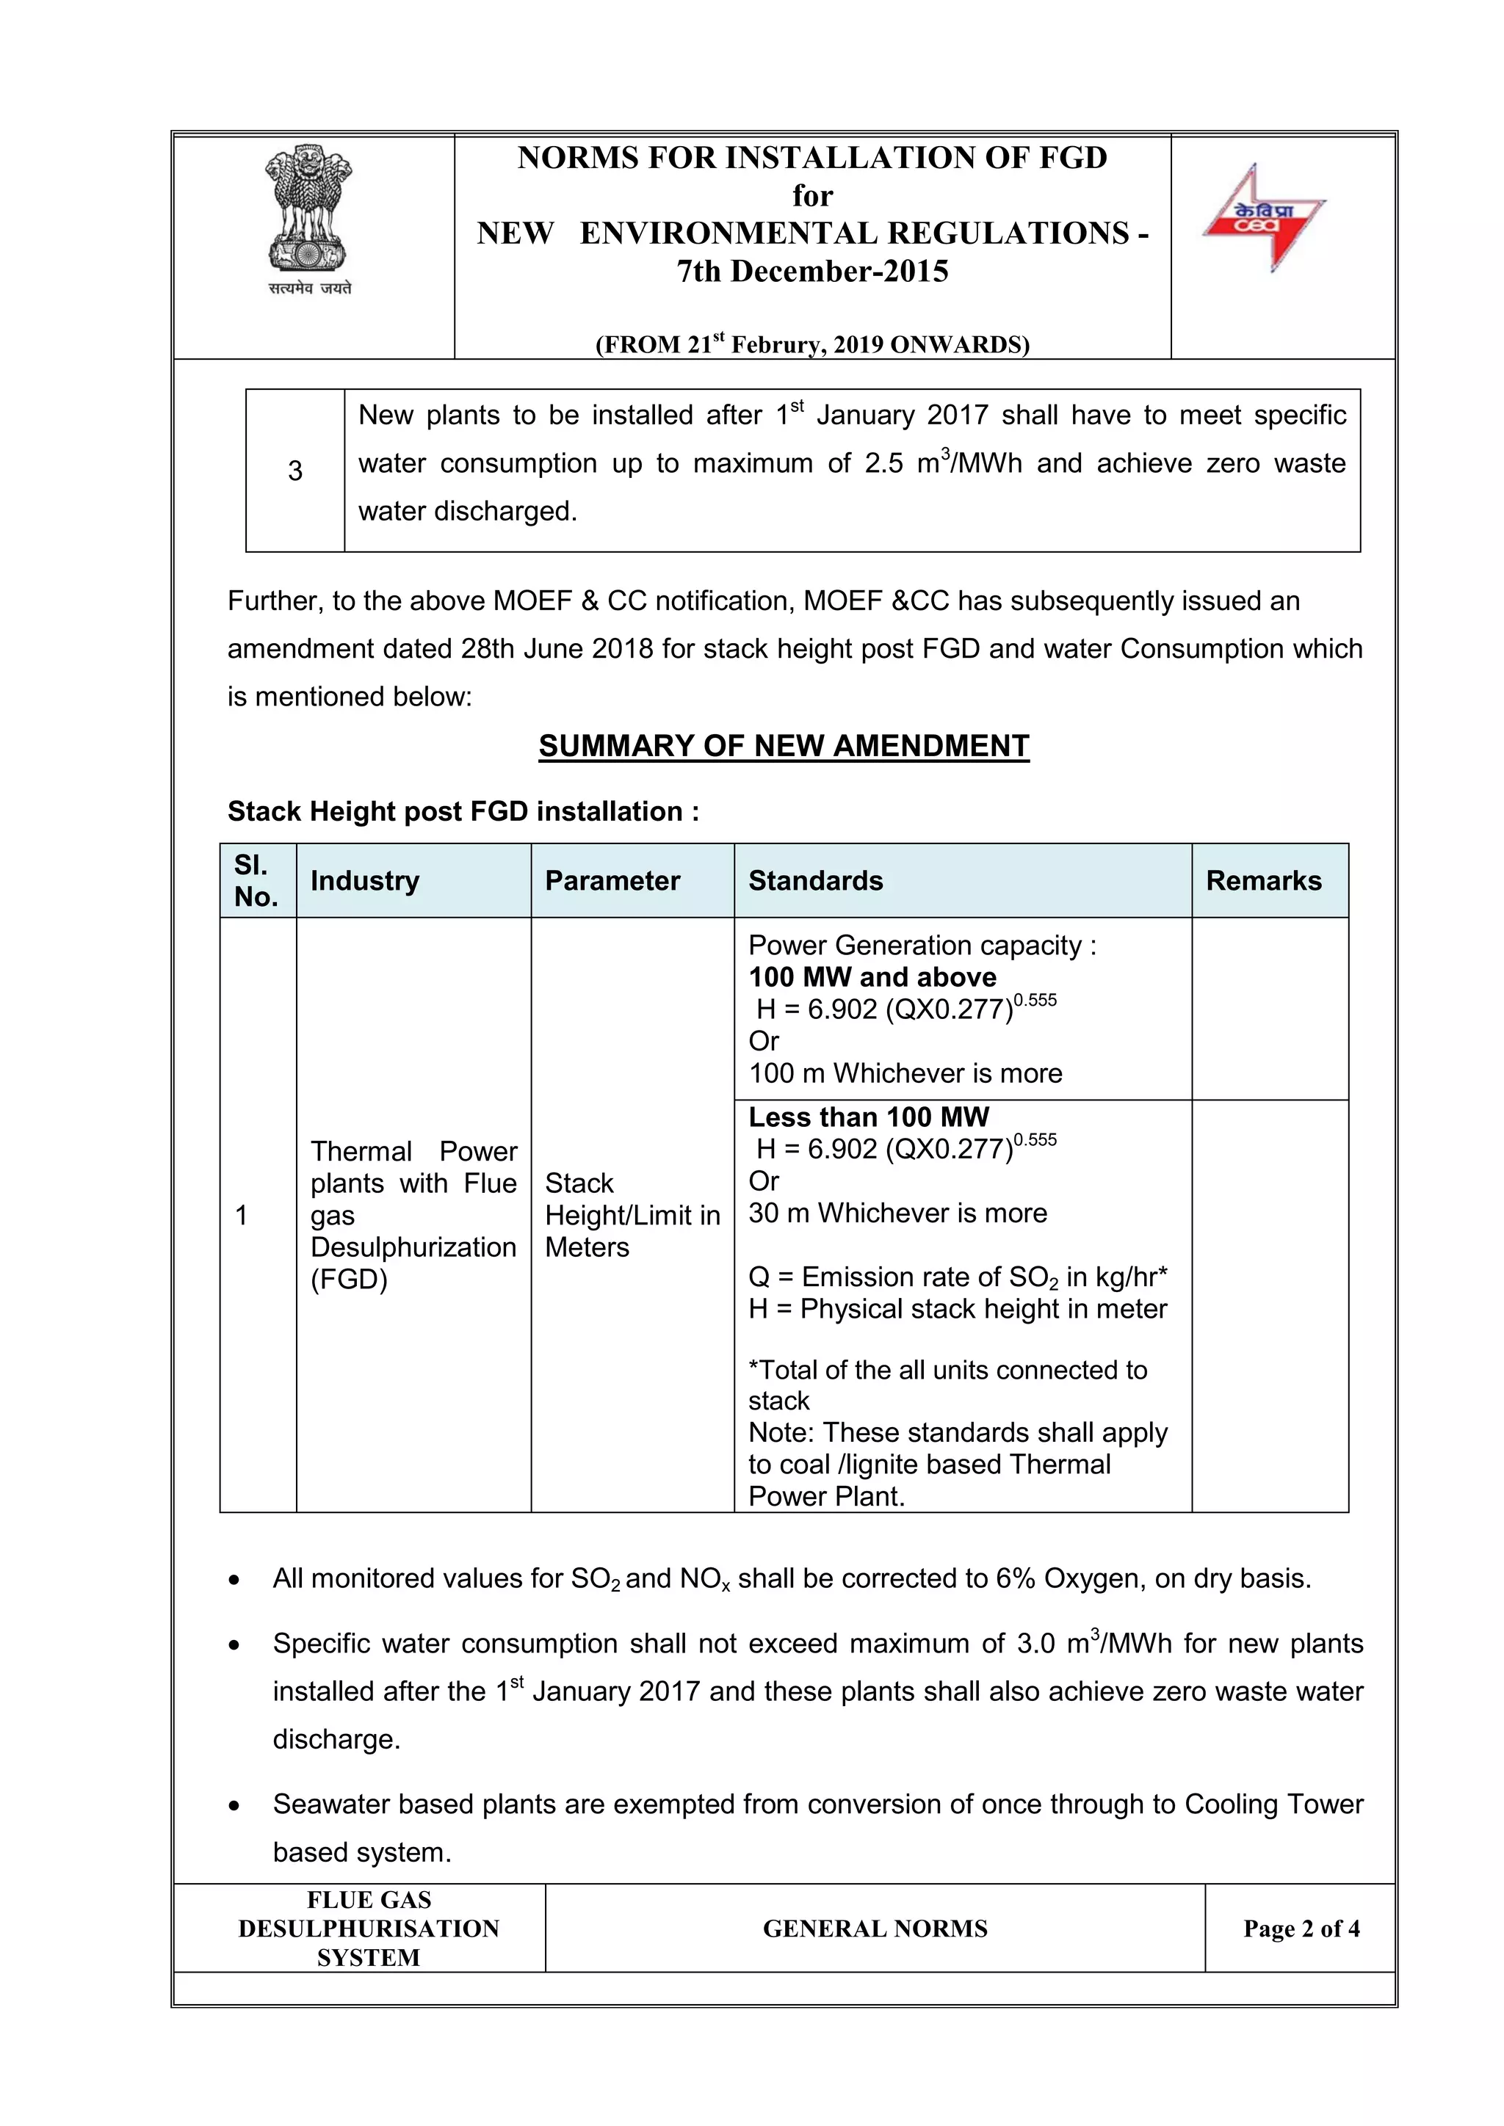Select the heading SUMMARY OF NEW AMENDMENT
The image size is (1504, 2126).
(784, 747)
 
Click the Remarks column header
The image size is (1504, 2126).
(1263, 881)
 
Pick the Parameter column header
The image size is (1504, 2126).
(612, 881)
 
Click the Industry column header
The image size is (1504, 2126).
(365, 881)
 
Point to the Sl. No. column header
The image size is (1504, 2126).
(256, 881)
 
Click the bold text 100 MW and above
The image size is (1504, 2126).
(872, 978)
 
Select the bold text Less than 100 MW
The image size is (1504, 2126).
(869, 1117)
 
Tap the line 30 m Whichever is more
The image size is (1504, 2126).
(897, 1213)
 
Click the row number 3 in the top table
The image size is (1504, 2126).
(294, 471)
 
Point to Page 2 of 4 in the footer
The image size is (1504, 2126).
(1301, 1929)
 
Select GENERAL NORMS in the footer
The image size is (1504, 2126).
(875, 1929)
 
